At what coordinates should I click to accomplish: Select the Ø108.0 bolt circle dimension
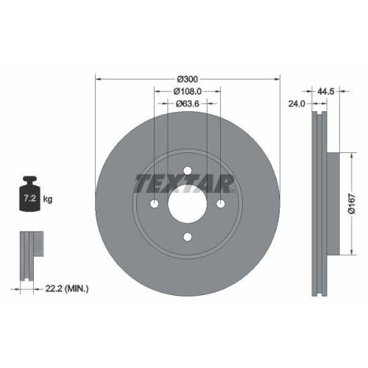tap(188, 91)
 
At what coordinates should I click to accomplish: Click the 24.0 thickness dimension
tap(297, 104)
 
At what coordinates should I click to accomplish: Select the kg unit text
tap(48, 199)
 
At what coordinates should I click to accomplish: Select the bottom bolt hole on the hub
tap(188, 236)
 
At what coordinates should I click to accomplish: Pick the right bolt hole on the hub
tap(220, 204)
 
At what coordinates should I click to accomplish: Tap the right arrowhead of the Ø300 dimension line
tap(278, 79)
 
